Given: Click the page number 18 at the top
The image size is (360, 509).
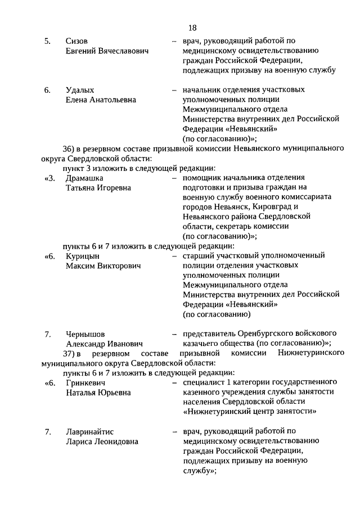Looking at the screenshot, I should (x=192, y=28).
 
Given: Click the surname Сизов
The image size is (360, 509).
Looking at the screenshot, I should (x=77, y=41).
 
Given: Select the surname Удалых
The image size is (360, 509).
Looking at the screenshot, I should (x=79, y=90).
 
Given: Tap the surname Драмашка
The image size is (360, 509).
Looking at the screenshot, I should (x=85, y=178).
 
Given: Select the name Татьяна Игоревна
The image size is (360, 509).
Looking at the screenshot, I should (x=98, y=188).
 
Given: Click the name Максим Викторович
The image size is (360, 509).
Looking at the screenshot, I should (x=103, y=265).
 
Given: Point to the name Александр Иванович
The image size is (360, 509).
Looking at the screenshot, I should (x=105, y=344).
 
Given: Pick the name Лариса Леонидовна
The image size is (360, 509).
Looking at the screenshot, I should (x=102, y=442).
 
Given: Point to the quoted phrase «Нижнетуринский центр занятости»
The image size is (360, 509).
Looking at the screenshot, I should (x=249, y=412).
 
